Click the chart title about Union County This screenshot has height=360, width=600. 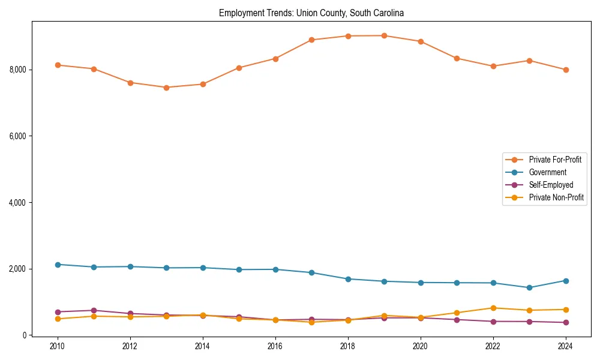point(311,13)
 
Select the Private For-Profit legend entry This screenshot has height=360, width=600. point(555,160)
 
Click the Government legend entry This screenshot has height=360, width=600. point(547,172)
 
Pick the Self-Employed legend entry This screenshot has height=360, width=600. point(551,185)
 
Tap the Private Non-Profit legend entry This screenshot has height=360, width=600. point(556,197)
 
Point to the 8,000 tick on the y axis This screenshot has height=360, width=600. point(17,70)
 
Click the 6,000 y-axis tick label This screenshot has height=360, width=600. point(17,136)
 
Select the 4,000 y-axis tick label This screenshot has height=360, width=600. point(17,203)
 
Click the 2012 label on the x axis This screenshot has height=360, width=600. point(130,346)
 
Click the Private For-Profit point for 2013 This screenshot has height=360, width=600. point(166,88)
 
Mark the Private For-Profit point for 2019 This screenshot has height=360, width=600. point(384,35)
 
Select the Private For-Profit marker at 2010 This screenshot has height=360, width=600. point(58,65)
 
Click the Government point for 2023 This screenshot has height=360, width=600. point(529,287)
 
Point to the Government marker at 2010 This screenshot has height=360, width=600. point(58,265)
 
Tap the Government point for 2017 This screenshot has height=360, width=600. point(311,272)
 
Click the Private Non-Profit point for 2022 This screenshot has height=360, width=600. point(493,308)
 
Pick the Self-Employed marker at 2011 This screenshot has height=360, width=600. point(94,310)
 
